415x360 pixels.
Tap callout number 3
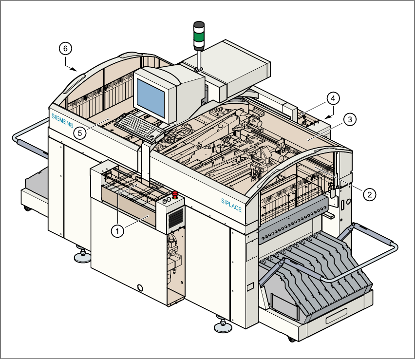coord(350,119)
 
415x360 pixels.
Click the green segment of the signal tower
coord(199,36)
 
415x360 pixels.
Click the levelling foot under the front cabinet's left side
coord(81,254)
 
